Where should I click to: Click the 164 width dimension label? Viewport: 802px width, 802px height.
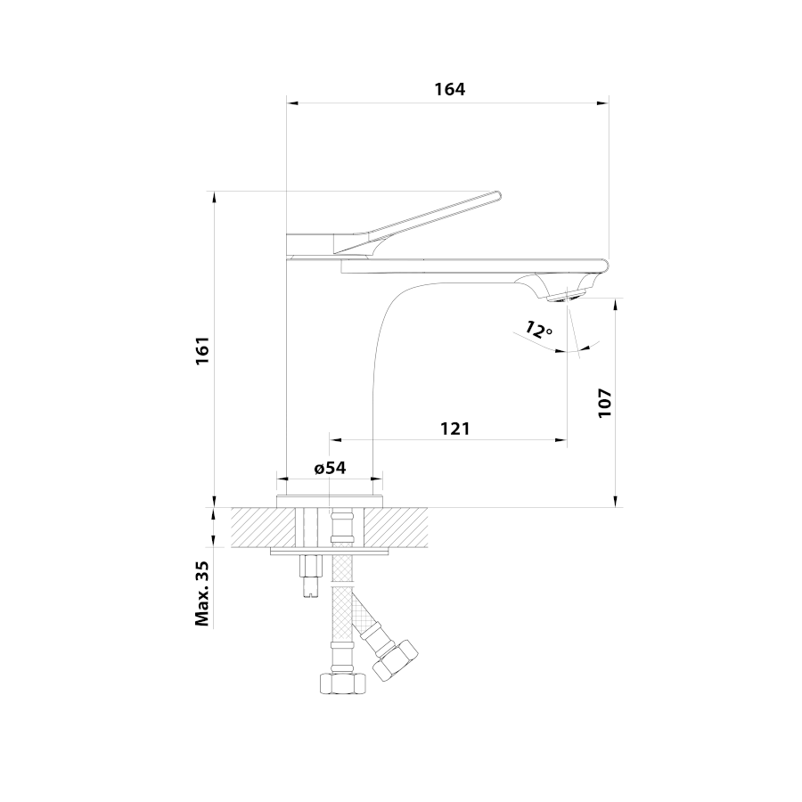coord(450,89)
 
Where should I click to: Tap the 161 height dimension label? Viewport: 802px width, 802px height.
coord(202,350)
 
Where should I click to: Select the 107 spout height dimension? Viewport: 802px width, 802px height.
coord(605,403)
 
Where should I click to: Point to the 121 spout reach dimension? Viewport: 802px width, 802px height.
coord(454,428)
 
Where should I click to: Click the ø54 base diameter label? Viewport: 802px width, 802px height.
coord(330,468)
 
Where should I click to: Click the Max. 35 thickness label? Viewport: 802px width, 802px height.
coord(202,593)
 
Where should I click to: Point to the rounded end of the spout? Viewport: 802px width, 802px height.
coord(604,265)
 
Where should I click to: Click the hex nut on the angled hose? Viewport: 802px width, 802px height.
coord(395,659)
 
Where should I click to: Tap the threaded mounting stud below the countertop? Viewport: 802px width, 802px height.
coord(310,576)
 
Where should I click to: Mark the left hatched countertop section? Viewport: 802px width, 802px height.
coord(264,528)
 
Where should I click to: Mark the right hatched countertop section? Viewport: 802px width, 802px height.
coord(396,528)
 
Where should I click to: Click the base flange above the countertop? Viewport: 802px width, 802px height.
coord(330,501)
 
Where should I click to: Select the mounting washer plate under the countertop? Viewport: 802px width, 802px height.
coord(330,551)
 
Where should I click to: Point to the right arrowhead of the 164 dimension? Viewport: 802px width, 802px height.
coord(603,102)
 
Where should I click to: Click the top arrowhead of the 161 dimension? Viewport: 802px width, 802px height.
coord(215,198)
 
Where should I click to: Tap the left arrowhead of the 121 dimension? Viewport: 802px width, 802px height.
coord(336,439)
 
